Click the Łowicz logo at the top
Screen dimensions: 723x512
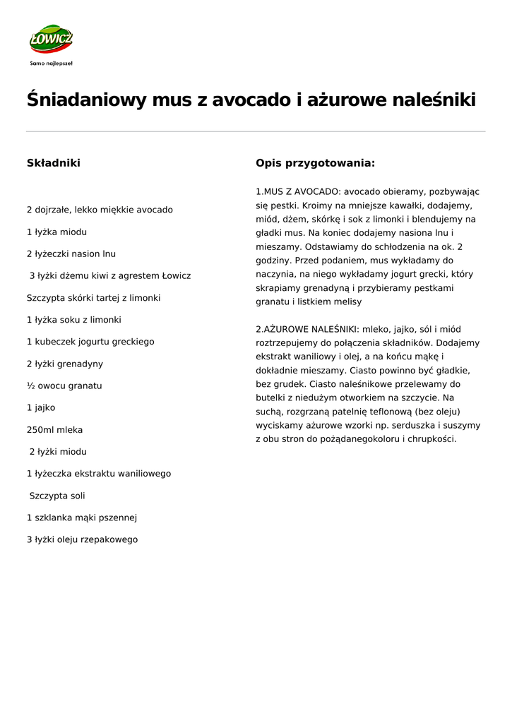click(x=51, y=40)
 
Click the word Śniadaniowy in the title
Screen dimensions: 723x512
click(x=86, y=100)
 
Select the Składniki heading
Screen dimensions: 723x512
click(x=54, y=163)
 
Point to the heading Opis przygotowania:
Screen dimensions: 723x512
click(x=315, y=163)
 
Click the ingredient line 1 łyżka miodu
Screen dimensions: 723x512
click(x=56, y=232)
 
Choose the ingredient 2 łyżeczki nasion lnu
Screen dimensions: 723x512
click(x=71, y=253)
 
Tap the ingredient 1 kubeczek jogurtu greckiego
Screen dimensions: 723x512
click(x=90, y=342)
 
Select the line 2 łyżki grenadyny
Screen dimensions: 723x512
click(x=65, y=364)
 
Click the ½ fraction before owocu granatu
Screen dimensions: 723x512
click(x=30, y=386)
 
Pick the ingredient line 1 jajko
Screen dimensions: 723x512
click(x=41, y=407)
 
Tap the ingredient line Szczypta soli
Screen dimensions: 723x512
click(x=57, y=496)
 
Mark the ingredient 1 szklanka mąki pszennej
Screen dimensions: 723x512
click(x=82, y=518)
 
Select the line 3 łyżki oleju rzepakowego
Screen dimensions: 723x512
click(x=83, y=539)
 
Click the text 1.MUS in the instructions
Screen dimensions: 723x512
click(x=269, y=191)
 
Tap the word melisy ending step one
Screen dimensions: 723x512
click(x=347, y=301)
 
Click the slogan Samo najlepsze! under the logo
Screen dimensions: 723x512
click(x=51, y=63)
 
